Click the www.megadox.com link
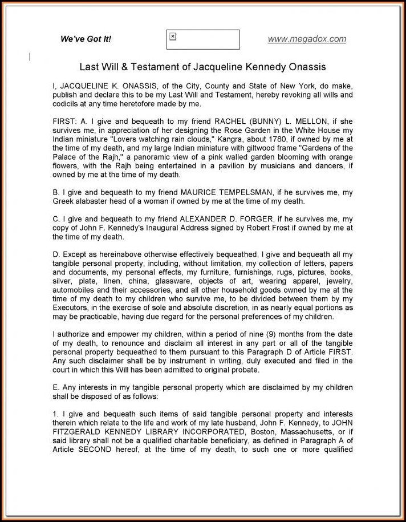point(307,39)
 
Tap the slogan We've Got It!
point(86,39)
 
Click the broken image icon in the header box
point(173,37)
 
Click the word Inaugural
point(165,227)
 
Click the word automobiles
point(75,289)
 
